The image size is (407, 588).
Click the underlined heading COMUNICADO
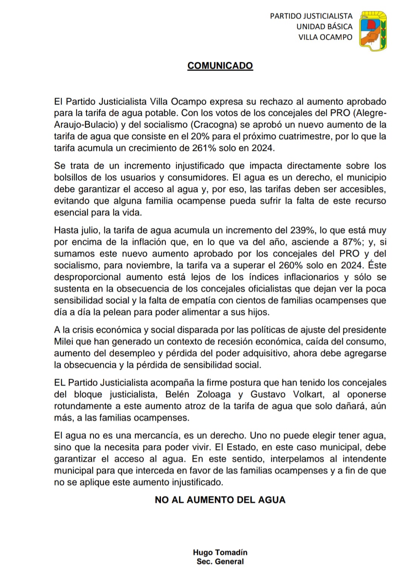coord(220,66)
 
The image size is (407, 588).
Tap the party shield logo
coord(373,31)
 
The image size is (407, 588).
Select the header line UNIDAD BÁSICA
coord(324,27)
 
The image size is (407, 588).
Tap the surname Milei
coord(64,342)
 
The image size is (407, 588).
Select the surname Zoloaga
coord(216,395)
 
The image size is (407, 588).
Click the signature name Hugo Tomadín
coord(220,552)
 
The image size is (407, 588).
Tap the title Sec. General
coord(220,561)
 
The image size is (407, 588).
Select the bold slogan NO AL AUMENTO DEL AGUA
coord(220,500)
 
